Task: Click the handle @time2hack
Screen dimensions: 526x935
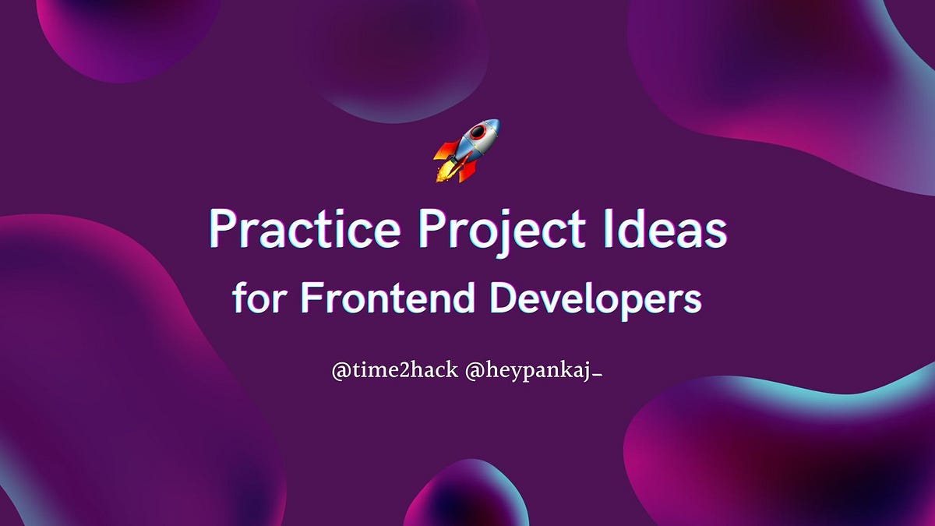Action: [394, 371]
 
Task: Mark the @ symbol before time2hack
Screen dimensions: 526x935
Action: [340, 372]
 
